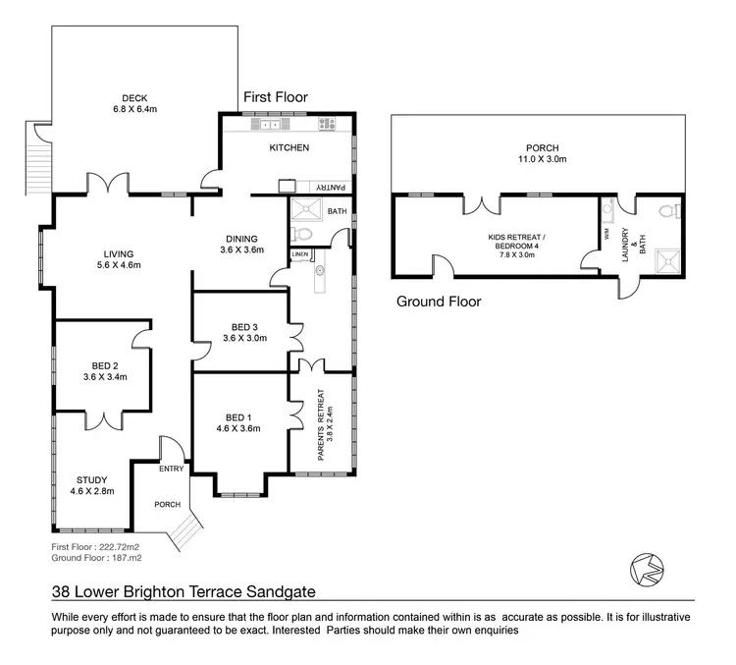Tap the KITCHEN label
click(x=289, y=148)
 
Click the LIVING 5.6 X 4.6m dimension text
click(x=115, y=265)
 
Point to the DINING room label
click(x=240, y=239)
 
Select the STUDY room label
click(x=92, y=479)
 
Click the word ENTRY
click(x=171, y=469)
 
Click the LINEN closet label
click(x=300, y=255)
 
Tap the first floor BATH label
click(x=337, y=211)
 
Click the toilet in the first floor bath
click(x=303, y=234)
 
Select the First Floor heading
click(x=275, y=97)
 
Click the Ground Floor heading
click(x=439, y=302)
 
